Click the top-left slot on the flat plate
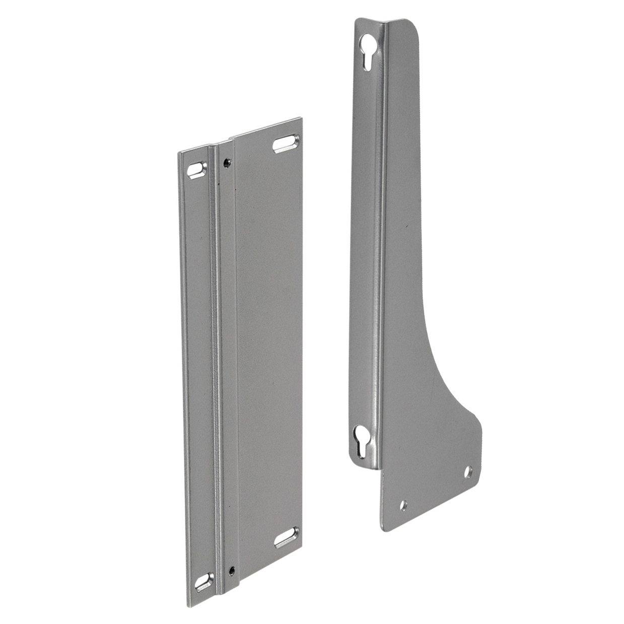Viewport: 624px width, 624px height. [196, 170]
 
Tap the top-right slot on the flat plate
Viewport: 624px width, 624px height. [286, 143]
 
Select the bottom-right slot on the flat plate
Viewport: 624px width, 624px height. [287, 537]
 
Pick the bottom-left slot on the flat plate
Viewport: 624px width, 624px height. [204, 582]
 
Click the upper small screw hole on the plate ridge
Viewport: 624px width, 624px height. [227, 162]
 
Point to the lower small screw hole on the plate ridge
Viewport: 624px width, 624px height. [231, 570]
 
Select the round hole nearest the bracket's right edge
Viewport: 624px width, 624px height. [468, 472]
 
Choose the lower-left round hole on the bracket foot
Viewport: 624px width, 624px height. [403, 505]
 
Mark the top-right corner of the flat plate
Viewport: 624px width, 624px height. [301, 119]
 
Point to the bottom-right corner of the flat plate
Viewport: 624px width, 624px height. [302, 552]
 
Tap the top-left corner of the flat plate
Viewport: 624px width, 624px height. [179, 152]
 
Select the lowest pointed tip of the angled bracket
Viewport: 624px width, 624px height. [385, 530]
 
